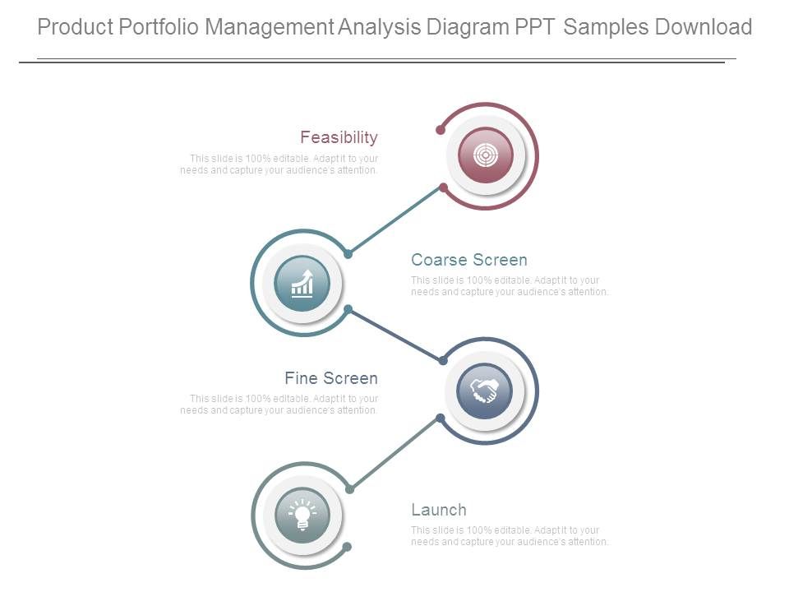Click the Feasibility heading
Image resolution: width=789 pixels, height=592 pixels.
(x=339, y=137)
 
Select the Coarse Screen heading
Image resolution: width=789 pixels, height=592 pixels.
(x=469, y=260)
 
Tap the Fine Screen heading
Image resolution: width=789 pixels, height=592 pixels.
(x=331, y=378)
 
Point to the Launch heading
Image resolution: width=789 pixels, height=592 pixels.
(x=439, y=510)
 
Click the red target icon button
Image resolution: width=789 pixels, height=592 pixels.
(x=486, y=155)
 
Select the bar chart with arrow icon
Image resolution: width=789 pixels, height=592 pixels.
(x=302, y=284)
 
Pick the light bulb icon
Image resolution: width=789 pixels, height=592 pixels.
(x=302, y=516)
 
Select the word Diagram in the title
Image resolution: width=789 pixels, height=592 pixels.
(x=468, y=27)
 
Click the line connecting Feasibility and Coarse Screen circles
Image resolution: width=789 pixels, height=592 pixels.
(x=395, y=221)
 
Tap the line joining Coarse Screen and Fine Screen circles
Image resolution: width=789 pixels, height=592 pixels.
(x=395, y=335)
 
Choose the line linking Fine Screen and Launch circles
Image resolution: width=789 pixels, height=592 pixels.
(x=395, y=454)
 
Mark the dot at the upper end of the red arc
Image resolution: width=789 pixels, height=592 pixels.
(x=441, y=131)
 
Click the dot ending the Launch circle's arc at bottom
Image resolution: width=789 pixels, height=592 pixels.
(x=347, y=547)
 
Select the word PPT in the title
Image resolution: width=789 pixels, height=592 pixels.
(x=535, y=27)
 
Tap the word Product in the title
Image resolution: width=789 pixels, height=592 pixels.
(x=76, y=27)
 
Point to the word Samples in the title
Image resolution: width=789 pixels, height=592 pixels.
(x=607, y=27)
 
